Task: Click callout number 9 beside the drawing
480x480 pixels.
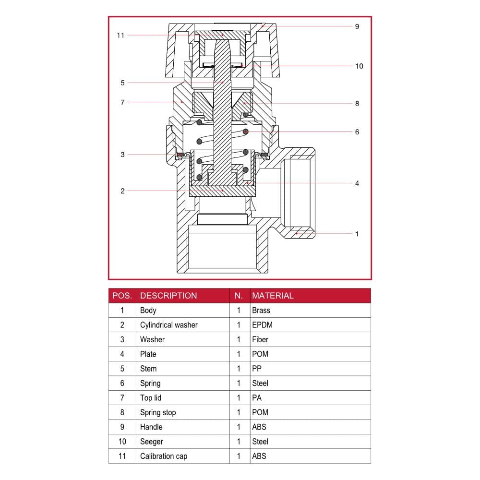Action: [x=357, y=26]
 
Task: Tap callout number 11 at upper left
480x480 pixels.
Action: [x=120, y=35]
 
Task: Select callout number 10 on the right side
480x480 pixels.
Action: [x=359, y=66]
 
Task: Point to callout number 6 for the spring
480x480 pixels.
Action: [x=357, y=132]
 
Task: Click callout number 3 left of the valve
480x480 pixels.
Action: [x=122, y=154]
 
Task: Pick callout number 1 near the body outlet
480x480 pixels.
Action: [x=357, y=234]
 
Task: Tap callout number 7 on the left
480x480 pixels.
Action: [x=122, y=102]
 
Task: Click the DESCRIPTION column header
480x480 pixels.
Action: [x=168, y=296]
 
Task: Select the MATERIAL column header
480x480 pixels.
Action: [x=273, y=296]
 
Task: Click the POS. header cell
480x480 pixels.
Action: [x=122, y=296]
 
